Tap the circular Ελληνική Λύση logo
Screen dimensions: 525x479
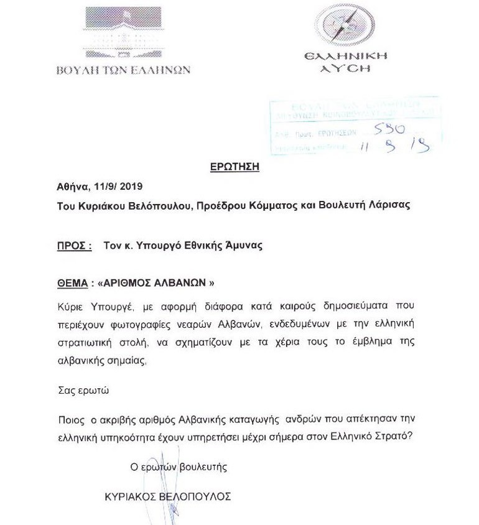(346, 25)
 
